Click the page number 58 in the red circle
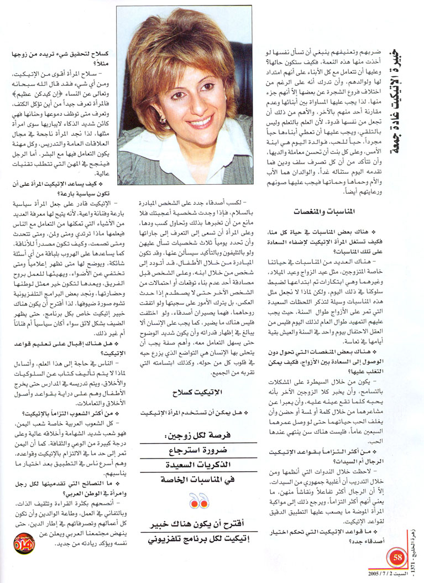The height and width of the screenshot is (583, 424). pyautogui.click(x=396, y=555)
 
